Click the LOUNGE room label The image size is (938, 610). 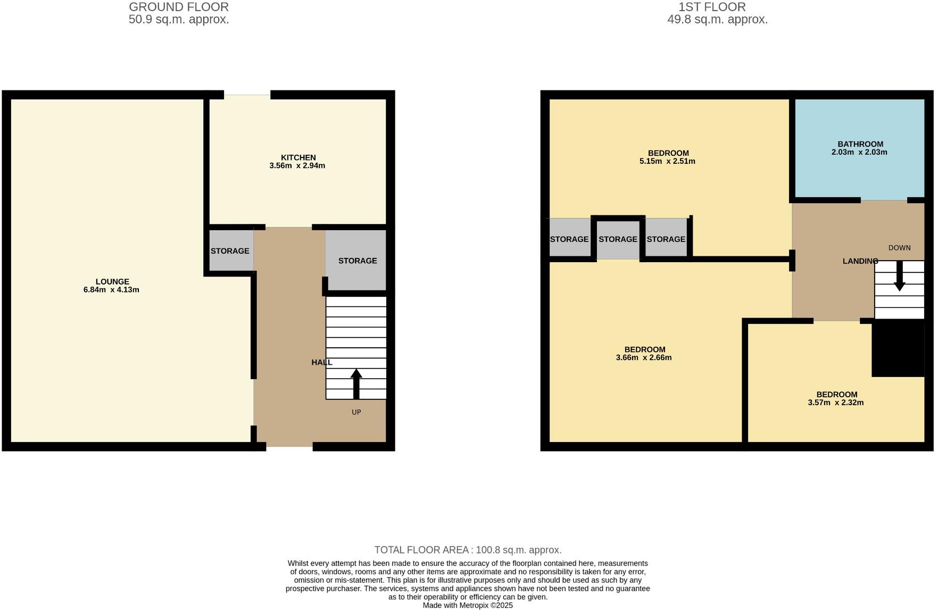112,281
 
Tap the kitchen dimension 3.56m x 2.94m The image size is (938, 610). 297,165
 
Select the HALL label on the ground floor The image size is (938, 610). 321,362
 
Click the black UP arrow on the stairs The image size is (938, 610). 356,383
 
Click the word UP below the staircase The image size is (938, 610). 356,412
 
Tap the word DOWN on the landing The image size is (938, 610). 899,248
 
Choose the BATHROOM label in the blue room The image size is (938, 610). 860,144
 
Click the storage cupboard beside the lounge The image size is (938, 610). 230,250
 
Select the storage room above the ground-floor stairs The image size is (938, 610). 357,261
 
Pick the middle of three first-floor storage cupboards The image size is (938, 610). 618,239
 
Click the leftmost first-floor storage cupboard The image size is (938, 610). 569,239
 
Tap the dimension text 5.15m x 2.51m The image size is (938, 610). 667,161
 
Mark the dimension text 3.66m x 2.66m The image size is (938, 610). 644,357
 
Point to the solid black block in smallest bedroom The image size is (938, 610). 898,348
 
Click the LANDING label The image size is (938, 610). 860,261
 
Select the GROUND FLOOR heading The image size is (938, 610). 179,7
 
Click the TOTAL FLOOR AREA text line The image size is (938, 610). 468,550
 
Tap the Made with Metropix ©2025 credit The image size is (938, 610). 468,605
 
